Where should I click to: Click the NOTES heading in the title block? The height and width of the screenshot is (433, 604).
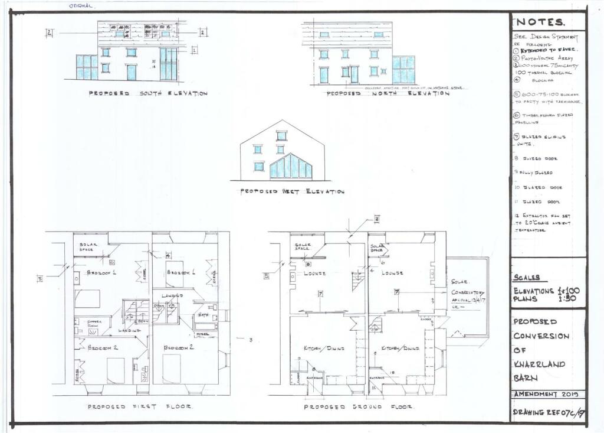coord(540,22)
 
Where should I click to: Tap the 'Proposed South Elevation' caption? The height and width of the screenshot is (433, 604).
coord(148,93)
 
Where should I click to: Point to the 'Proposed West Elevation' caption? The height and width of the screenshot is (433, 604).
coord(291,191)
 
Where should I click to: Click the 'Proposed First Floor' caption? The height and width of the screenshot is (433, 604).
coord(141,407)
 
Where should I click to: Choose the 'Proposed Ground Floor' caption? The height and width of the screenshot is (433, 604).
coord(359,407)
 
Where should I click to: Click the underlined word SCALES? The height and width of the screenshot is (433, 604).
coord(527,278)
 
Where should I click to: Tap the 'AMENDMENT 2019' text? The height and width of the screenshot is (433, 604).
coord(547,394)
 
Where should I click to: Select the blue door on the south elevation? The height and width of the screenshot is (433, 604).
coord(132,72)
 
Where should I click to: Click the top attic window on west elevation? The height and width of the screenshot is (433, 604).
coord(281,135)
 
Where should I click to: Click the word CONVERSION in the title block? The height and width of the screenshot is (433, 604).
coord(541,336)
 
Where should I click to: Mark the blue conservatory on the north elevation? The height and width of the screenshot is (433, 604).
coord(404,70)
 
